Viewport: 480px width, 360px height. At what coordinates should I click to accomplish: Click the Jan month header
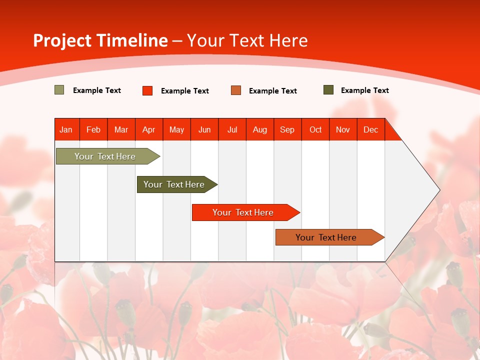66,129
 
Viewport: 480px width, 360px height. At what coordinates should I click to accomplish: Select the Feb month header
93,129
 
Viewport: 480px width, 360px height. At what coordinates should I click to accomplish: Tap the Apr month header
149,129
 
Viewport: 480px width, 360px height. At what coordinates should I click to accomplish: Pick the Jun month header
204,129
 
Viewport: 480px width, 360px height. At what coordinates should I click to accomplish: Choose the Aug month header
260,129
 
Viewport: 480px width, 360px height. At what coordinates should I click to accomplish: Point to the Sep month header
287,129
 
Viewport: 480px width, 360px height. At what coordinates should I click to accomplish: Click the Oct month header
315,129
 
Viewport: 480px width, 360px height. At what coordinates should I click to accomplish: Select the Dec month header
371,129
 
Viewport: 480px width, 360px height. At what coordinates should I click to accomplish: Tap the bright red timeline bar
243,212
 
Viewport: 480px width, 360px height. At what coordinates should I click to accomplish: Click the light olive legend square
59,90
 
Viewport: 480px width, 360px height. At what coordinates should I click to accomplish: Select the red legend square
147,90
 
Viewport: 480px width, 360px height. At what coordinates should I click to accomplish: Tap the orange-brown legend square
236,90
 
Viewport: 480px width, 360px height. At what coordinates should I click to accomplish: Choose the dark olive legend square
328,90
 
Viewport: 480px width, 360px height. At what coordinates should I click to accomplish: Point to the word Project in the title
62,40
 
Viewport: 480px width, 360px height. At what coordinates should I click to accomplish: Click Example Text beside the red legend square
185,91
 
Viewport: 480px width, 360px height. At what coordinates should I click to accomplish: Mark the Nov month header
343,129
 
